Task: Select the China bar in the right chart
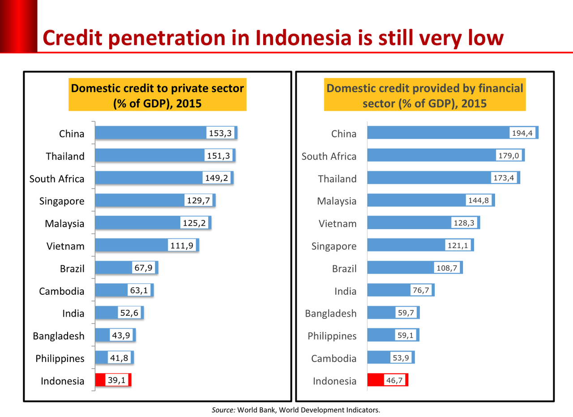(x=439, y=133)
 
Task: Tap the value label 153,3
(x=221, y=133)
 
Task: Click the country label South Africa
(x=329, y=156)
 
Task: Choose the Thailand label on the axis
(x=337, y=179)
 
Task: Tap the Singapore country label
(x=334, y=246)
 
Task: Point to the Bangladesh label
(x=331, y=314)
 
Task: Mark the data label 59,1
(x=406, y=335)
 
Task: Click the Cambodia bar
(x=381, y=357)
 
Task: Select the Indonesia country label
(x=334, y=381)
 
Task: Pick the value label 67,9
(x=143, y=267)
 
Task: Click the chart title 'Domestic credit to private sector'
(x=158, y=88)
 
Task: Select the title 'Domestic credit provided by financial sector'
(x=424, y=88)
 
